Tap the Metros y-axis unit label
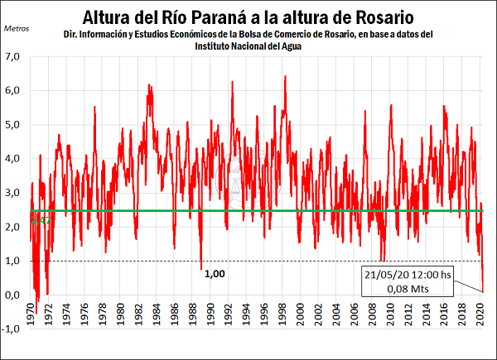(18, 27)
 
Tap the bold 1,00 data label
(214, 272)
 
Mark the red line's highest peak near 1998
(285, 76)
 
